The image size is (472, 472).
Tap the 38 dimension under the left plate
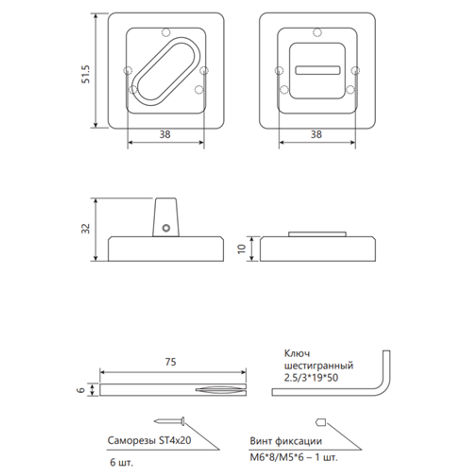[x=165, y=135]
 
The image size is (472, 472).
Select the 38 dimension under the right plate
[x=317, y=135]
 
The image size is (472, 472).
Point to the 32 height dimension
[x=85, y=229]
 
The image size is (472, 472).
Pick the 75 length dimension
[x=171, y=362]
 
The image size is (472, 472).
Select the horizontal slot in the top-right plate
[x=317, y=70]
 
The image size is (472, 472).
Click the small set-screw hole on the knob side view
[x=165, y=228]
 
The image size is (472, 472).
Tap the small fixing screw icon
[x=320, y=421]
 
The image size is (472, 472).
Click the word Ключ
[x=296, y=354]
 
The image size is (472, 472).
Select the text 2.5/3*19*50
[x=312, y=378]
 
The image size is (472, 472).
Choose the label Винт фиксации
[x=286, y=441]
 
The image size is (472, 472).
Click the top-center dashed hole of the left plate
[x=165, y=32]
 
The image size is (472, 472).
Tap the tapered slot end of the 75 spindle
[x=219, y=390]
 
